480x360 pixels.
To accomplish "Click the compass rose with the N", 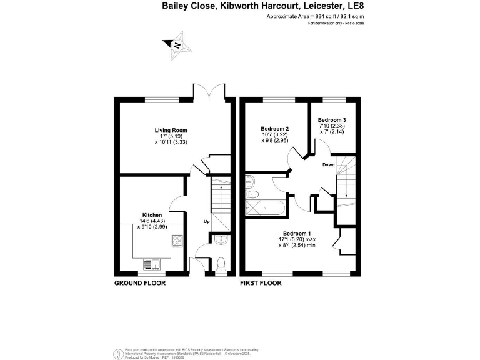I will click(x=177, y=46).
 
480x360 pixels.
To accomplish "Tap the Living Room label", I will click(x=171, y=130).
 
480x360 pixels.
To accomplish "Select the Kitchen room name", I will click(x=152, y=214).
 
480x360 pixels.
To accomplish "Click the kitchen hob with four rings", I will click(x=177, y=240).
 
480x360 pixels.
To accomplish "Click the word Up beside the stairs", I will click(x=206, y=221).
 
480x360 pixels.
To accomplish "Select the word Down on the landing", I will click(x=329, y=165).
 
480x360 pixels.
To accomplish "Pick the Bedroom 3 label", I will click(x=331, y=119).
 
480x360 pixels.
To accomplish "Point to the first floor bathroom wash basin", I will click(x=251, y=182).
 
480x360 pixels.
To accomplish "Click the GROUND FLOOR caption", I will click(x=139, y=283).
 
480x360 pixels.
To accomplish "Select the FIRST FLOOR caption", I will click(x=261, y=283).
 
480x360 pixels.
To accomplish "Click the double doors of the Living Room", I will click(x=208, y=91).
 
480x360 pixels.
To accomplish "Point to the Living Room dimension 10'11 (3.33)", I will click(x=171, y=142).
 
